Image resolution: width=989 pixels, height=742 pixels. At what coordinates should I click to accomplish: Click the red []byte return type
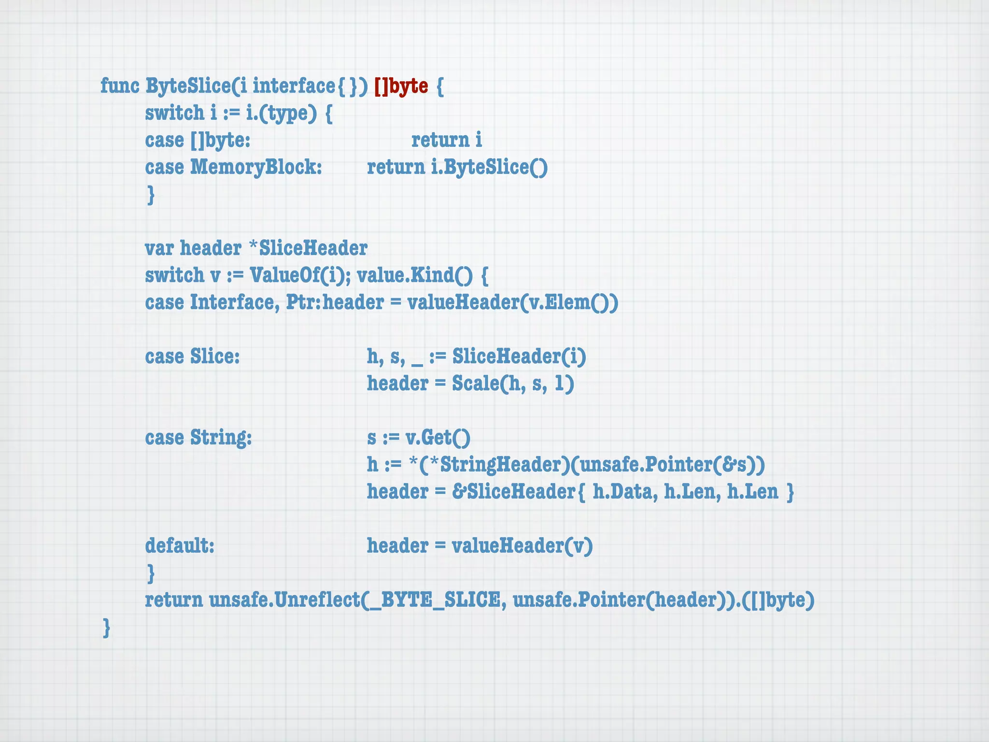coord(401,86)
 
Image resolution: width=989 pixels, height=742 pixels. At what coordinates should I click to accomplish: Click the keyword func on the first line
coord(120,86)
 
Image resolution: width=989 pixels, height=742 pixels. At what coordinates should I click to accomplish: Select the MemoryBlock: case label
coord(256,167)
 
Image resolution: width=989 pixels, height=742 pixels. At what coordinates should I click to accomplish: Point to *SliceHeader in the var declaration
coord(308,248)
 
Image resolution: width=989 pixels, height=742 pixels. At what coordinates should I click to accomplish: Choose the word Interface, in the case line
coord(235,302)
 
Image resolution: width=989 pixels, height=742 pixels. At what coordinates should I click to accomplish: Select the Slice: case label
coord(215,357)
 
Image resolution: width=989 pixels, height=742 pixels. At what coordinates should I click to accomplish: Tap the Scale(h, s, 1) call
coord(513,384)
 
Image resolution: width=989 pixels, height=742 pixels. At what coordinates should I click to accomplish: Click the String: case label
coord(221,438)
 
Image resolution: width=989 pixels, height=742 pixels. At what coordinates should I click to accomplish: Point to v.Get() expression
coord(438,438)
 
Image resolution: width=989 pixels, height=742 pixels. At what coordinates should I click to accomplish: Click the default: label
coord(180,546)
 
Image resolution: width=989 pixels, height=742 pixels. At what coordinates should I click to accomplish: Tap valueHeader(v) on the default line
coord(522,546)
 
